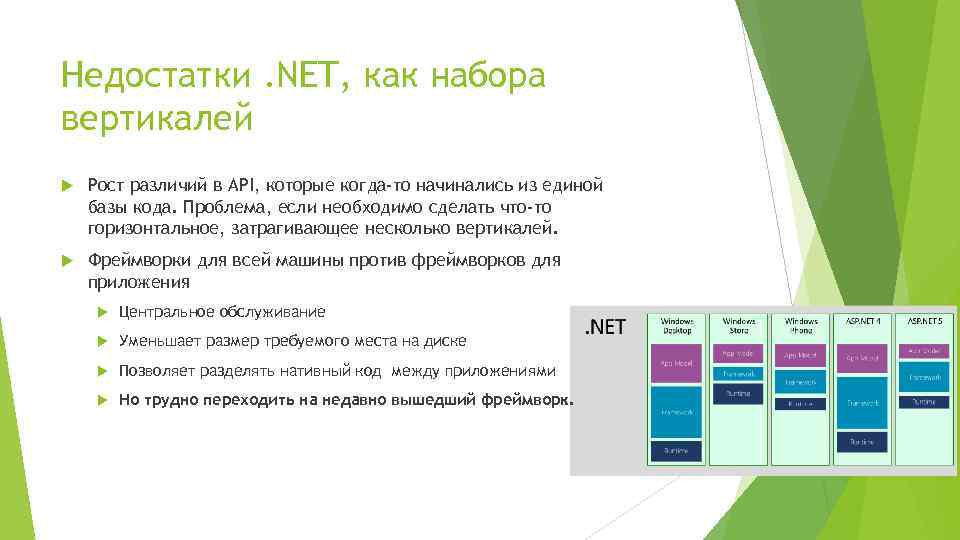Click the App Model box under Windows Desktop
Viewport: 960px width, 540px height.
pos(676,362)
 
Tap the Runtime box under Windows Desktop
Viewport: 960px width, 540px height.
pos(676,451)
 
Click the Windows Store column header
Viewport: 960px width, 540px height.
pos(739,325)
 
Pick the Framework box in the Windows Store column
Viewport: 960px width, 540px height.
pos(739,374)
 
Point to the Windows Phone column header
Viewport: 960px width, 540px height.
pos(801,325)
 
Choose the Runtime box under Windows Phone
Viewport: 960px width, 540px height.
pos(801,403)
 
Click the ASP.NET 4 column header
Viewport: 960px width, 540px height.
pos(863,322)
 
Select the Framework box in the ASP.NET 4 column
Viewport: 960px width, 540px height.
pos(863,402)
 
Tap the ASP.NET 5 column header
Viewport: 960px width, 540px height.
pos(925,322)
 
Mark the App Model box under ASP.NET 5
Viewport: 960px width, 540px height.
pos(925,351)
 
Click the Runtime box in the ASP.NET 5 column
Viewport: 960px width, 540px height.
pos(925,401)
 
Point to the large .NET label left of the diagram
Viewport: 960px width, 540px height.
pos(604,327)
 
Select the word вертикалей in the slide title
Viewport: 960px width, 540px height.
pos(157,118)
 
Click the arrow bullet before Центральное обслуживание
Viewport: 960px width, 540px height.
pos(98,312)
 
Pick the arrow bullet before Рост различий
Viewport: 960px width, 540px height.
pos(68,185)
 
